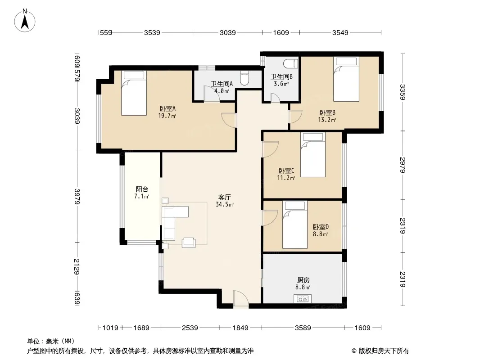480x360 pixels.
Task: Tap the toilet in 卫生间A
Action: tap(245, 78)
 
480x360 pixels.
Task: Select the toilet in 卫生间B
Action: tap(290, 63)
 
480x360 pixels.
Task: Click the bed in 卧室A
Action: tap(134, 93)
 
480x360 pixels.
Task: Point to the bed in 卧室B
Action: tap(346, 79)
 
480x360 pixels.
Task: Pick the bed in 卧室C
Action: tap(313, 155)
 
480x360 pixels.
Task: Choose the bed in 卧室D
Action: tap(295, 225)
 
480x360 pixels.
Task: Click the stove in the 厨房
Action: tap(303, 299)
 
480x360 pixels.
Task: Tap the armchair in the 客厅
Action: tap(189, 243)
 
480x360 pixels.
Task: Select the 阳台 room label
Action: tap(142, 189)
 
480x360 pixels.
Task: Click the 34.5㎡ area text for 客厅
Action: tap(225, 205)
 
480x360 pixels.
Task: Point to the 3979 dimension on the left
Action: tap(77, 196)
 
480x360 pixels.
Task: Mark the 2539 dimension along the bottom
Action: tap(190, 328)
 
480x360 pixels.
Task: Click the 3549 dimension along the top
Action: tap(340, 32)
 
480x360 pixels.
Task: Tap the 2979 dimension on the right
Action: tap(403, 165)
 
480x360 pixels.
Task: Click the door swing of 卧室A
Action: tap(229, 120)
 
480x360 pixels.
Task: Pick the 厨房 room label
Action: tap(303, 280)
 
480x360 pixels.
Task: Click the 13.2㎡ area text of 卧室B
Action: tap(327, 120)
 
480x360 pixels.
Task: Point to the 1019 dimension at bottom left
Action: tap(110, 328)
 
